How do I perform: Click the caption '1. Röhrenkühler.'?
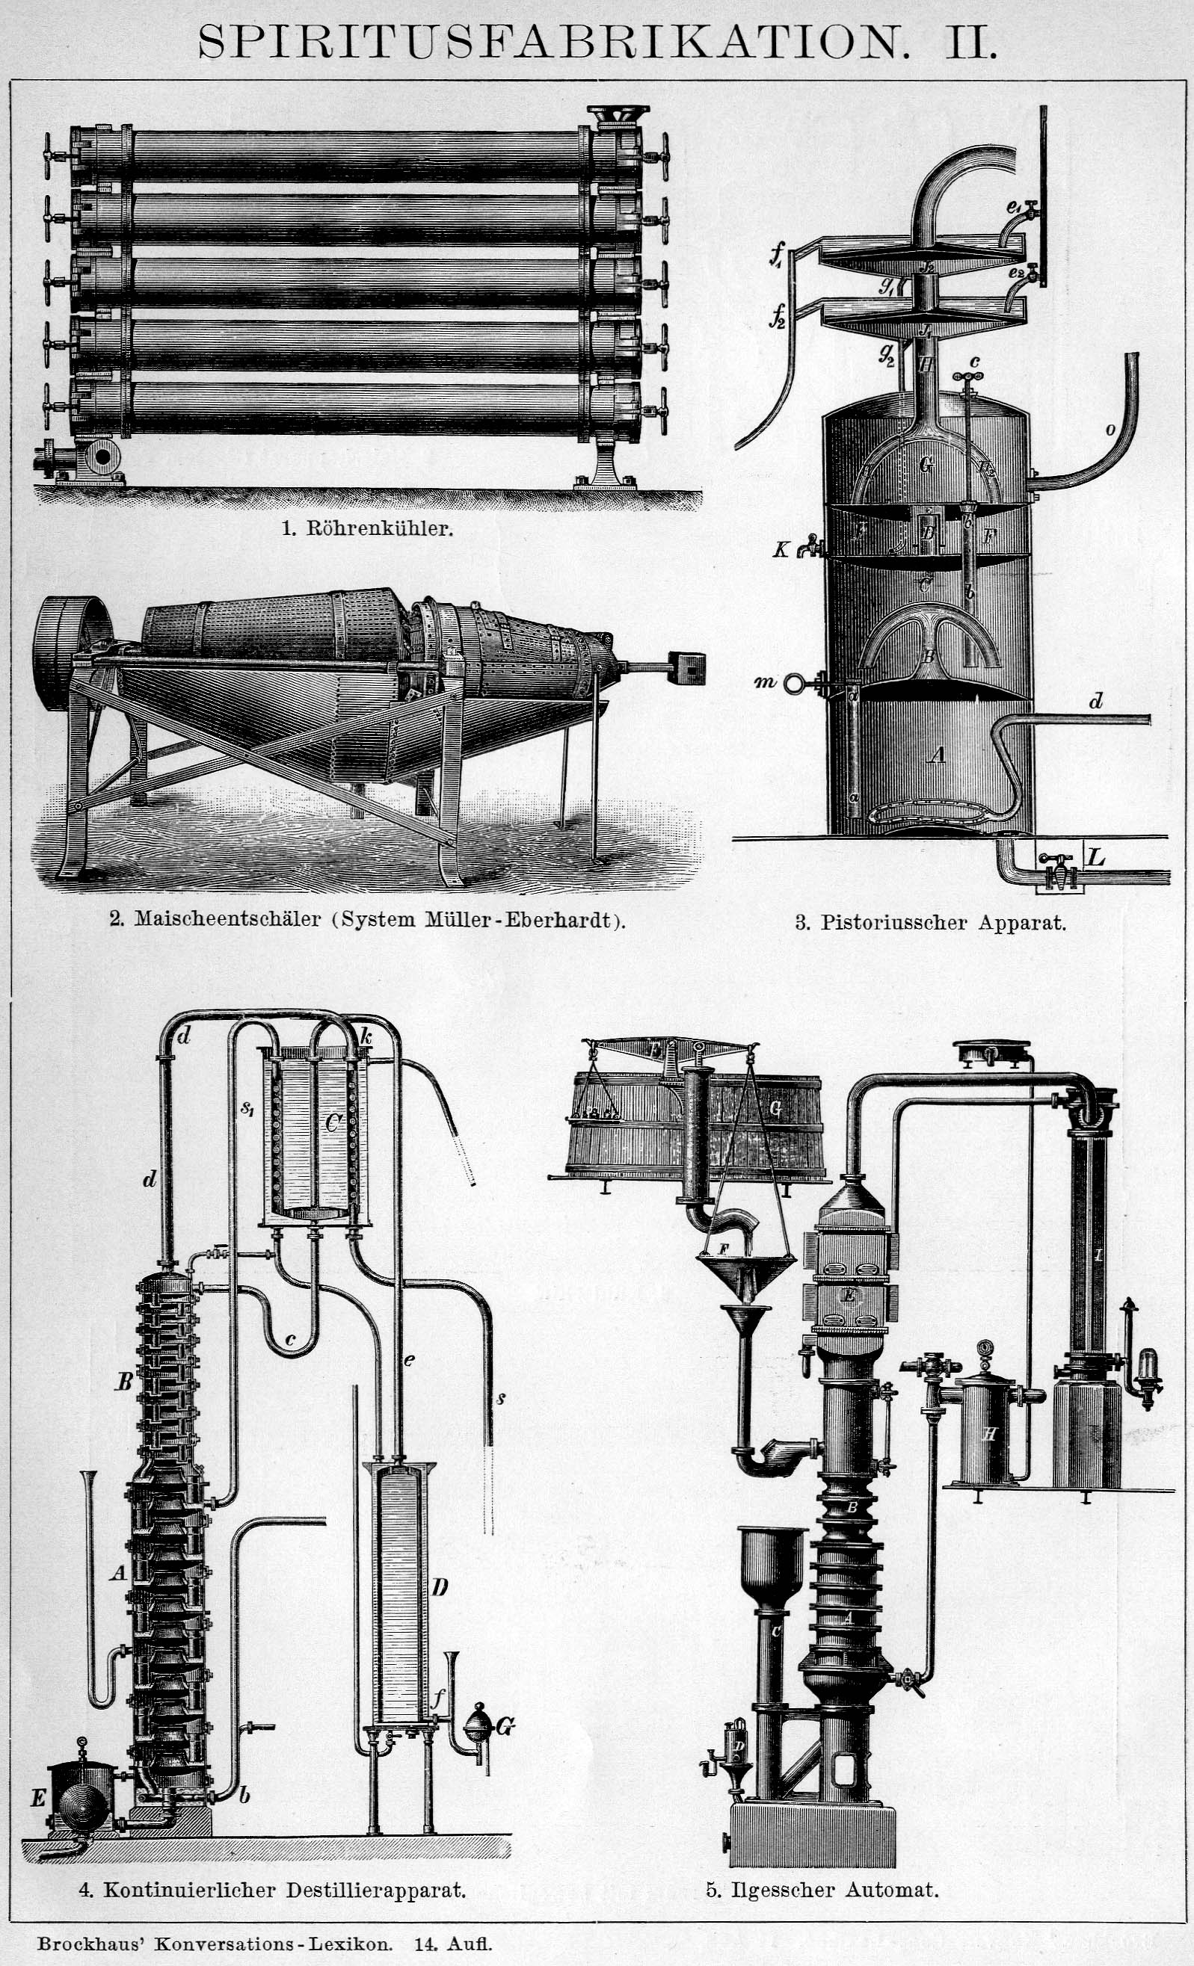(x=368, y=528)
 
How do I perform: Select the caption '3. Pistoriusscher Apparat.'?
(x=931, y=923)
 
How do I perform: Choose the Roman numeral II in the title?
(x=970, y=42)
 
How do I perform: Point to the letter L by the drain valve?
(x=1096, y=857)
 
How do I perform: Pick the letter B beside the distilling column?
(x=123, y=1382)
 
